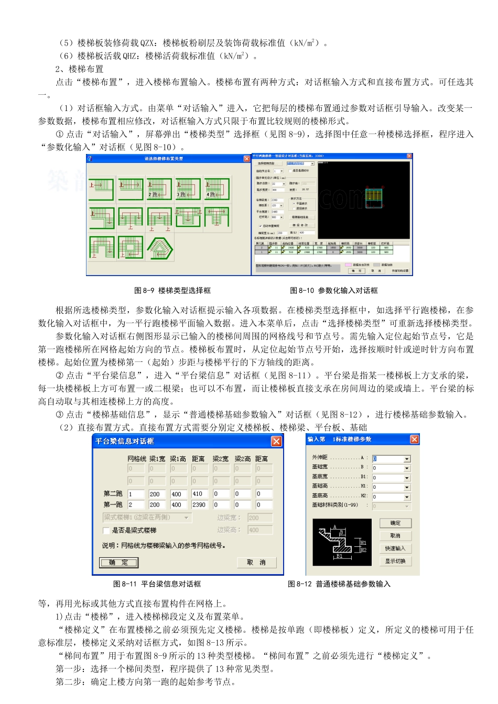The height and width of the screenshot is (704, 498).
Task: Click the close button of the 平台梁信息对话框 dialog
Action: point(276,441)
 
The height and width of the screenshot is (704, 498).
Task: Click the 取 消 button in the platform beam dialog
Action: point(256,562)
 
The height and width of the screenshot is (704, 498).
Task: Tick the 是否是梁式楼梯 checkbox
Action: point(106,530)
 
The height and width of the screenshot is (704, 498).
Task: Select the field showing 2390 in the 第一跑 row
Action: point(200,505)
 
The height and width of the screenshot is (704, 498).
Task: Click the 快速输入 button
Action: point(395,548)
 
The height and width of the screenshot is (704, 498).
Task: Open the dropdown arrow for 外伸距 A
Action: point(407,459)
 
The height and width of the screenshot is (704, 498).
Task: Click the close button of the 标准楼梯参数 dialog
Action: point(414,439)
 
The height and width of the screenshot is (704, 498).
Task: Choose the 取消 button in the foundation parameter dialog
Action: point(395,536)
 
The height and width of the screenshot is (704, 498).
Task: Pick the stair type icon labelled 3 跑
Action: point(188,189)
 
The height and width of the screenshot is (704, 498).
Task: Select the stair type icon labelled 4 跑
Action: point(216,189)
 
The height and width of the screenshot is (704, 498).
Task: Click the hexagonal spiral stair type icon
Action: point(160,248)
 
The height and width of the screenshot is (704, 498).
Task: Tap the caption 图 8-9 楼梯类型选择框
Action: point(172,290)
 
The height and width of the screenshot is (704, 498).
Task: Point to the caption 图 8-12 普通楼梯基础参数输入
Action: point(339,584)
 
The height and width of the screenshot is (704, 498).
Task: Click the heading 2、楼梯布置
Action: point(80,69)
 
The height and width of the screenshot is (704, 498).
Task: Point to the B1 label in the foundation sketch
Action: point(340,556)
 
